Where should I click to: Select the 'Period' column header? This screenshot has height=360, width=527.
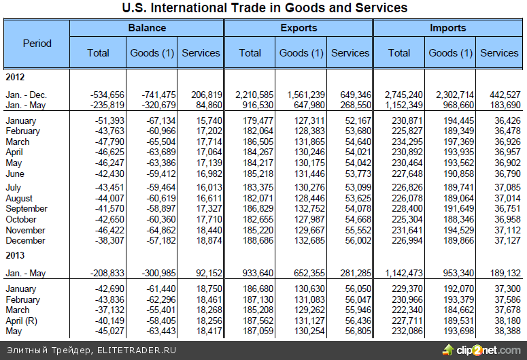[x=37, y=43]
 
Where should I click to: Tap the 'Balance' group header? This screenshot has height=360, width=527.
[x=147, y=29]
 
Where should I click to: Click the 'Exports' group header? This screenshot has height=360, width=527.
[x=299, y=29]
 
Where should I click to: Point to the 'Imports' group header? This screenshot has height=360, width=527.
[x=447, y=29]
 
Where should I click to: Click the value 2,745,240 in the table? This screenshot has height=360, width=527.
[x=404, y=94]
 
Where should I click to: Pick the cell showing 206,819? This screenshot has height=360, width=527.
[x=203, y=94]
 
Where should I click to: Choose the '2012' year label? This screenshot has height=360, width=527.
[x=15, y=77]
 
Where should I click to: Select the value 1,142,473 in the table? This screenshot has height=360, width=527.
[x=401, y=273]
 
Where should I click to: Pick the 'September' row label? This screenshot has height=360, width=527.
[x=26, y=208]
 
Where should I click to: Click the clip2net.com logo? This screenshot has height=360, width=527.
[x=481, y=350]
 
